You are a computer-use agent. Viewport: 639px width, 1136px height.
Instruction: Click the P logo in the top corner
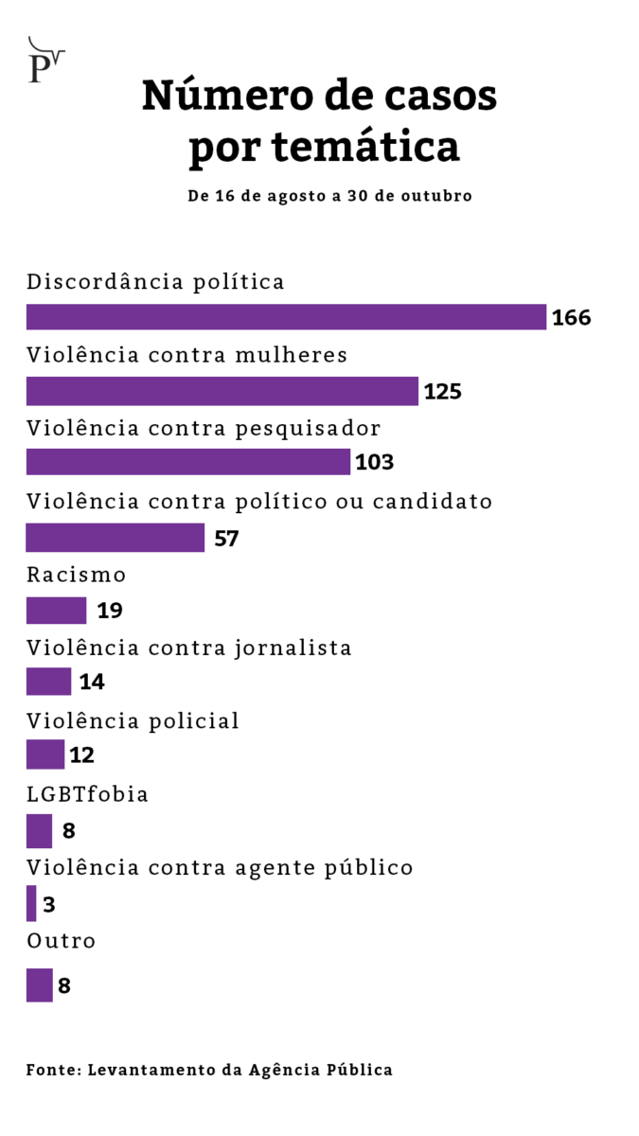click(44, 62)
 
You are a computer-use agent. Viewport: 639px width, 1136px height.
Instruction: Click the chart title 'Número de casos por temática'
click(319, 122)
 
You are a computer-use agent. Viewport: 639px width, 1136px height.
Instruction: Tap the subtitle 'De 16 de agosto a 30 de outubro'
click(329, 196)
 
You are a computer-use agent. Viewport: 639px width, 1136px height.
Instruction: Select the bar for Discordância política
click(286, 317)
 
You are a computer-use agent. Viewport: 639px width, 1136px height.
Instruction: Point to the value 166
click(571, 318)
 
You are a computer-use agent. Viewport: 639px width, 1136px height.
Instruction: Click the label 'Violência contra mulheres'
click(187, 355)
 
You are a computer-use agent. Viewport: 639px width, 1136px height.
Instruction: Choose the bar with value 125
click(222, 391)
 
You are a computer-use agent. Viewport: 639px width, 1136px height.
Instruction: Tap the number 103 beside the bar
click(374, 463)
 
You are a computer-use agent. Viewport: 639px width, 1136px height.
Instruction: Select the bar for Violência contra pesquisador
click(187, 462)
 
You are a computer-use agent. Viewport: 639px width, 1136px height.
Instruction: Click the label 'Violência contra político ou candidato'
click(259, 502)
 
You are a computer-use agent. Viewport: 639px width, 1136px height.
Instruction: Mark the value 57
click(226, 539)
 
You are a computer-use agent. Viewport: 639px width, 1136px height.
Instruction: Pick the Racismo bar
click(56, 611)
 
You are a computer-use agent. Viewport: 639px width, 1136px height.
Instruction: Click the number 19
click(110, 611)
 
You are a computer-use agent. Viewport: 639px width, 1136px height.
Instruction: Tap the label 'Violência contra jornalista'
click(189, 648)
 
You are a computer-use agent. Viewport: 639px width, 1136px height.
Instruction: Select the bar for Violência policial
click(44, 754)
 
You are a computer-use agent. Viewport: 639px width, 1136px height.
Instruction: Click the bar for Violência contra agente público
click(31, 904)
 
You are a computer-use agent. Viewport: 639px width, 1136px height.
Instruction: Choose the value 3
click(49, 905)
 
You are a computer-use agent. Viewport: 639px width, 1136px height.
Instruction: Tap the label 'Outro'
click(62, 942)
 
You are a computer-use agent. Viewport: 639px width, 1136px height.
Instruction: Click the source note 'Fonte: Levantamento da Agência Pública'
click(209, 1070)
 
